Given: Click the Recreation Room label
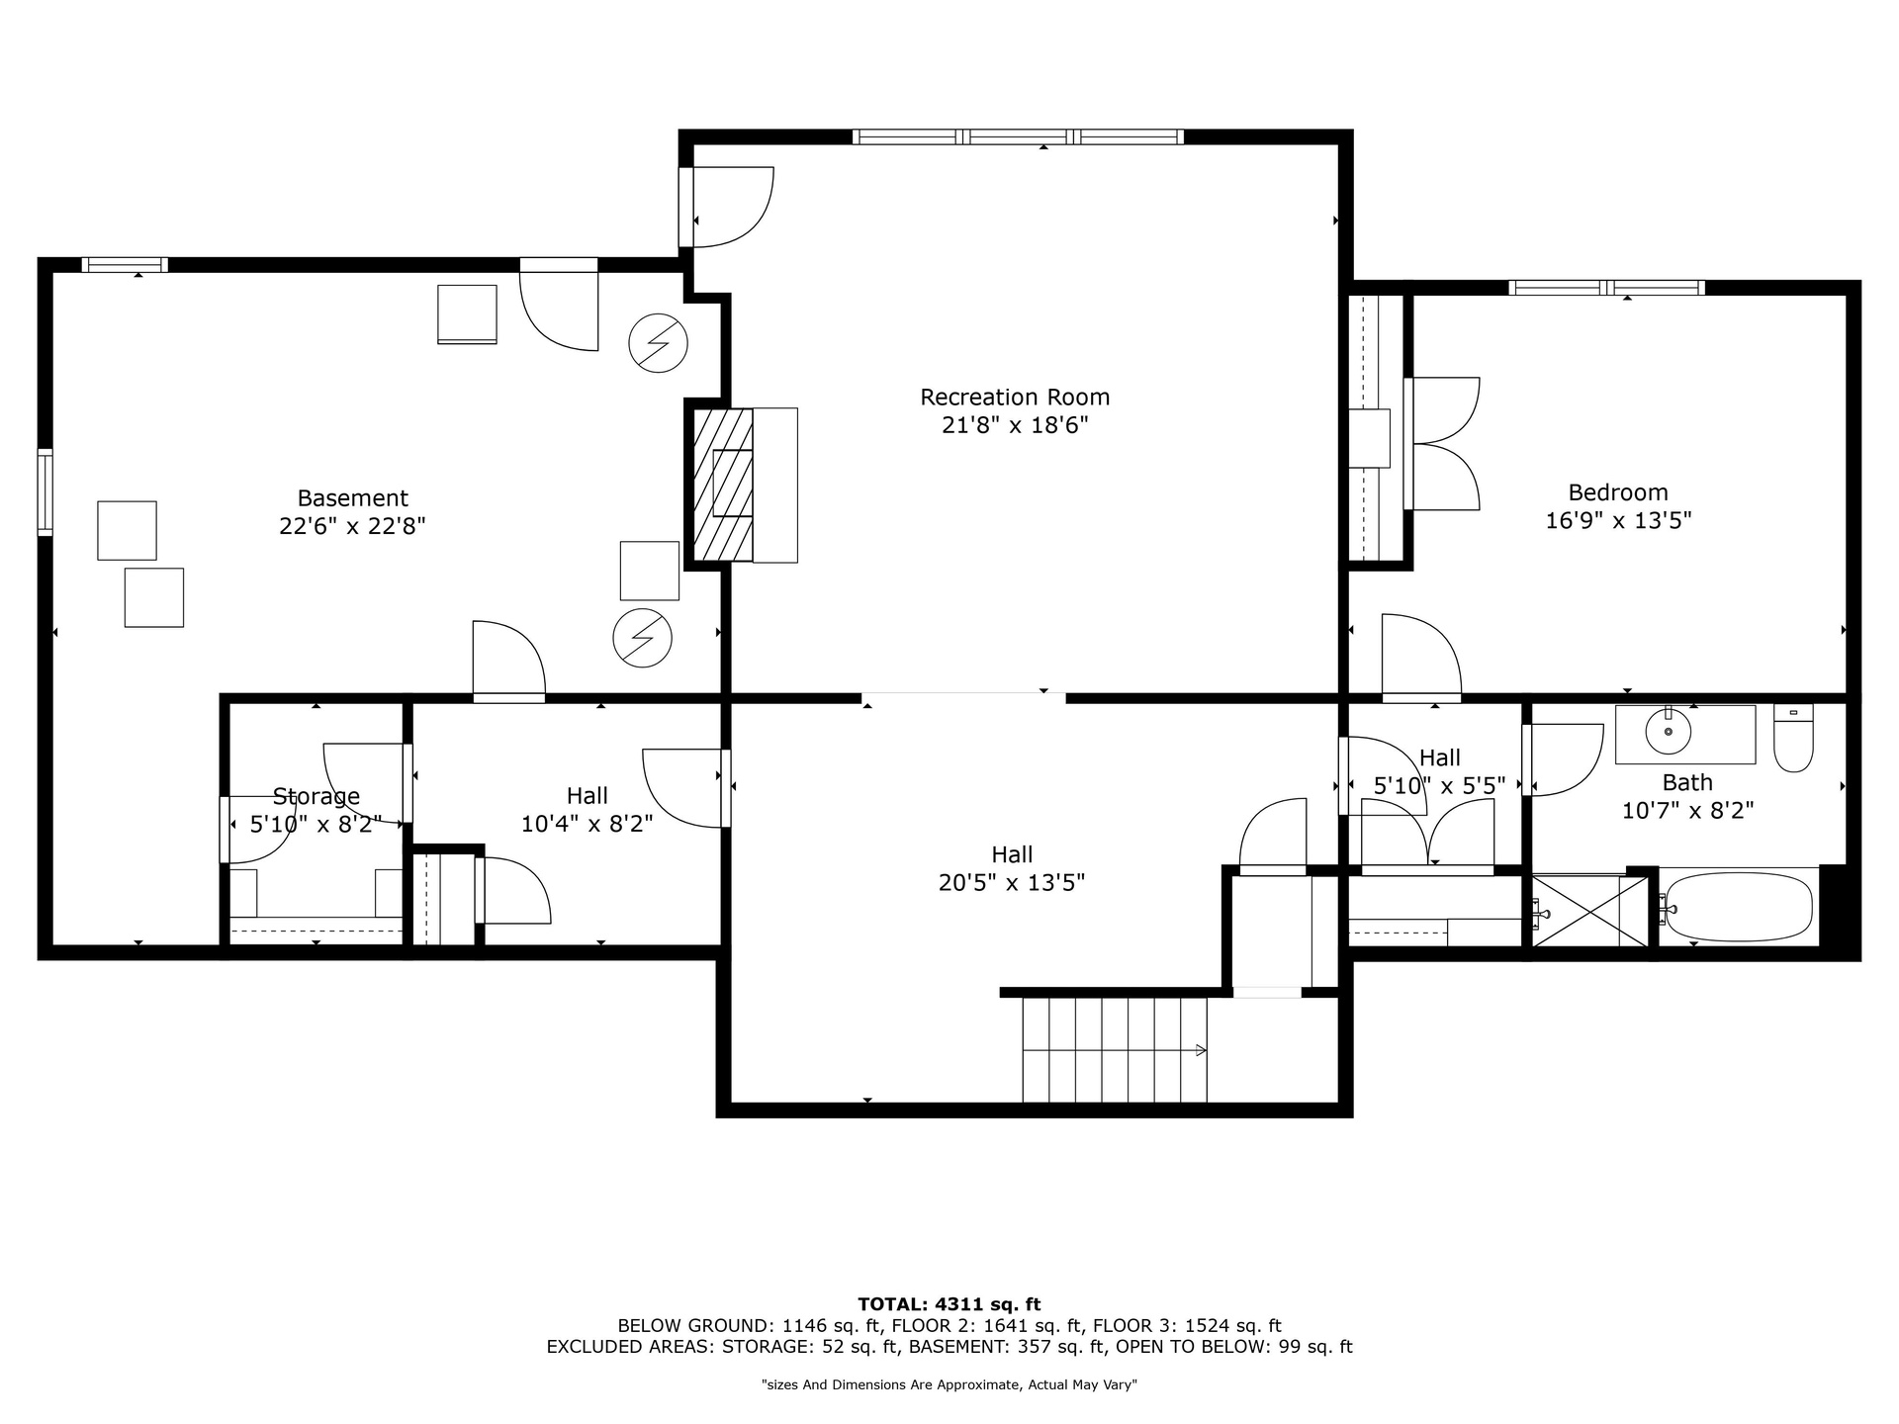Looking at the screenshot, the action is click(1015, 398).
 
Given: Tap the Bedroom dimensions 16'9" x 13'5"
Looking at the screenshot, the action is click(1618, 520).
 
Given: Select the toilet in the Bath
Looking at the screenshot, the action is click(1793, 738).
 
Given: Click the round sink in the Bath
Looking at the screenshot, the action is click(1669, 732).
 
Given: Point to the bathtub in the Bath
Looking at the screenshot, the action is click(1740, 906).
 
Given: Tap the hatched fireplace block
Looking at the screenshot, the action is click(723, 486).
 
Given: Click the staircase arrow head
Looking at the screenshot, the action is click(1202, 1050).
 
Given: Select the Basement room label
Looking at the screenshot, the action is click(352, 498).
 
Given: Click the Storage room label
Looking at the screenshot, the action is click(316, 796).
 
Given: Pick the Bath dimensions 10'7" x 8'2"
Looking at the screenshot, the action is click(1687, 811).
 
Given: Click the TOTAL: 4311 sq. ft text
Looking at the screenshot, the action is click(949, 1304).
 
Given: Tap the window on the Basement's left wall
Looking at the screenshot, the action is click(45, 492).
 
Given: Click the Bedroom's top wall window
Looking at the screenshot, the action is click(1606, 288).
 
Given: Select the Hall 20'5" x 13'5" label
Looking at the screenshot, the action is click(1012, 868).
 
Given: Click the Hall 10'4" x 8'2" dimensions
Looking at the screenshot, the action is click(588, 824).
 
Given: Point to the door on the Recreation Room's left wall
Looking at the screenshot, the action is click(726, 207).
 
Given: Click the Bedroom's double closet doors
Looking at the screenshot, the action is click(1442, 444).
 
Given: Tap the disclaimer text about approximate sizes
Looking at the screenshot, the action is click(949, 1385).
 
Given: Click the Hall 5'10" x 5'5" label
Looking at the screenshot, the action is click(1439, 771).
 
